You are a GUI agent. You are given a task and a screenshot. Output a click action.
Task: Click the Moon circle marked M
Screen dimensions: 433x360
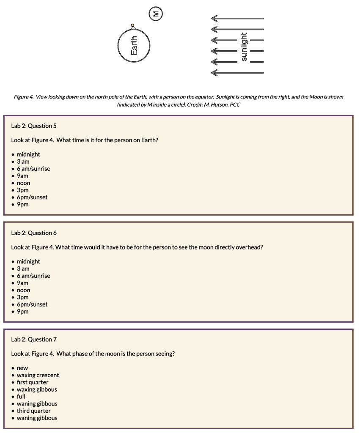(x=156, y=14)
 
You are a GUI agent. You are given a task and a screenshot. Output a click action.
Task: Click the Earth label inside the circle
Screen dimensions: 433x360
(x=134, y=46)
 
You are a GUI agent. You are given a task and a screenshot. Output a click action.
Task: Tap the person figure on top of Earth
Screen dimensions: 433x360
(x=133, y=27)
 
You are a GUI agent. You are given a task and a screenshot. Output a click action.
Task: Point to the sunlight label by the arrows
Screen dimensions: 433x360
(x=244, y=47)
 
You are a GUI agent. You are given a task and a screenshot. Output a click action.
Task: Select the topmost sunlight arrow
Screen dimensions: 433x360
(x=237, y=18)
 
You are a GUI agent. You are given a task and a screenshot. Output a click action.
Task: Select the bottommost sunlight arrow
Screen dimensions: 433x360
(x=237, y=73)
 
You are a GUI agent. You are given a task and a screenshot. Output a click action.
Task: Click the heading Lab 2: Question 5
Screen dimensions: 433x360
(x=34, y=126)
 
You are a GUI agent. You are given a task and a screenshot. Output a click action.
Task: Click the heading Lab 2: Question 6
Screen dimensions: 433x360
(x=34, y=233)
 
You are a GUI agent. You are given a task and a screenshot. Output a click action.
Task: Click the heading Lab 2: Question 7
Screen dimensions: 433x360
(x=34, y=340)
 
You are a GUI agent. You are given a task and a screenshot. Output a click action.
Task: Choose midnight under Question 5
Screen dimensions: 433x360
(x=28, y=154)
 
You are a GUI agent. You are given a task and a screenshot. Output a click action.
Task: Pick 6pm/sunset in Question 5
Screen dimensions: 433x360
(x=32, y=197)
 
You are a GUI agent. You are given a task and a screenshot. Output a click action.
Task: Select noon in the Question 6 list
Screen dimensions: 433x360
(x=23, y=290)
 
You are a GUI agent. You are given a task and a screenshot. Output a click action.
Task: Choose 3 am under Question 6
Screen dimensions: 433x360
(x=23, y=269)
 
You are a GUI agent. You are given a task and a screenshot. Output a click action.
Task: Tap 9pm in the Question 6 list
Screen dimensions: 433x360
(x=23, y=312)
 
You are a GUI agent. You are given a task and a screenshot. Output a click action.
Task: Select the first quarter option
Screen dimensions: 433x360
(x=33, y=382)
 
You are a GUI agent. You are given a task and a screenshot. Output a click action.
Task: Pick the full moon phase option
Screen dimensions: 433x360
(x=21, y=397)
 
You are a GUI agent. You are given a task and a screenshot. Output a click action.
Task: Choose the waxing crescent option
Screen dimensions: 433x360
(x=38, y=375)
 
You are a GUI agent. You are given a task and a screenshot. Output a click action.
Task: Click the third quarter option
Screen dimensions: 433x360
(x=34, y=411)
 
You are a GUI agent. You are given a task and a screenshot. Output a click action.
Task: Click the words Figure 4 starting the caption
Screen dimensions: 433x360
(x=24, y=97)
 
